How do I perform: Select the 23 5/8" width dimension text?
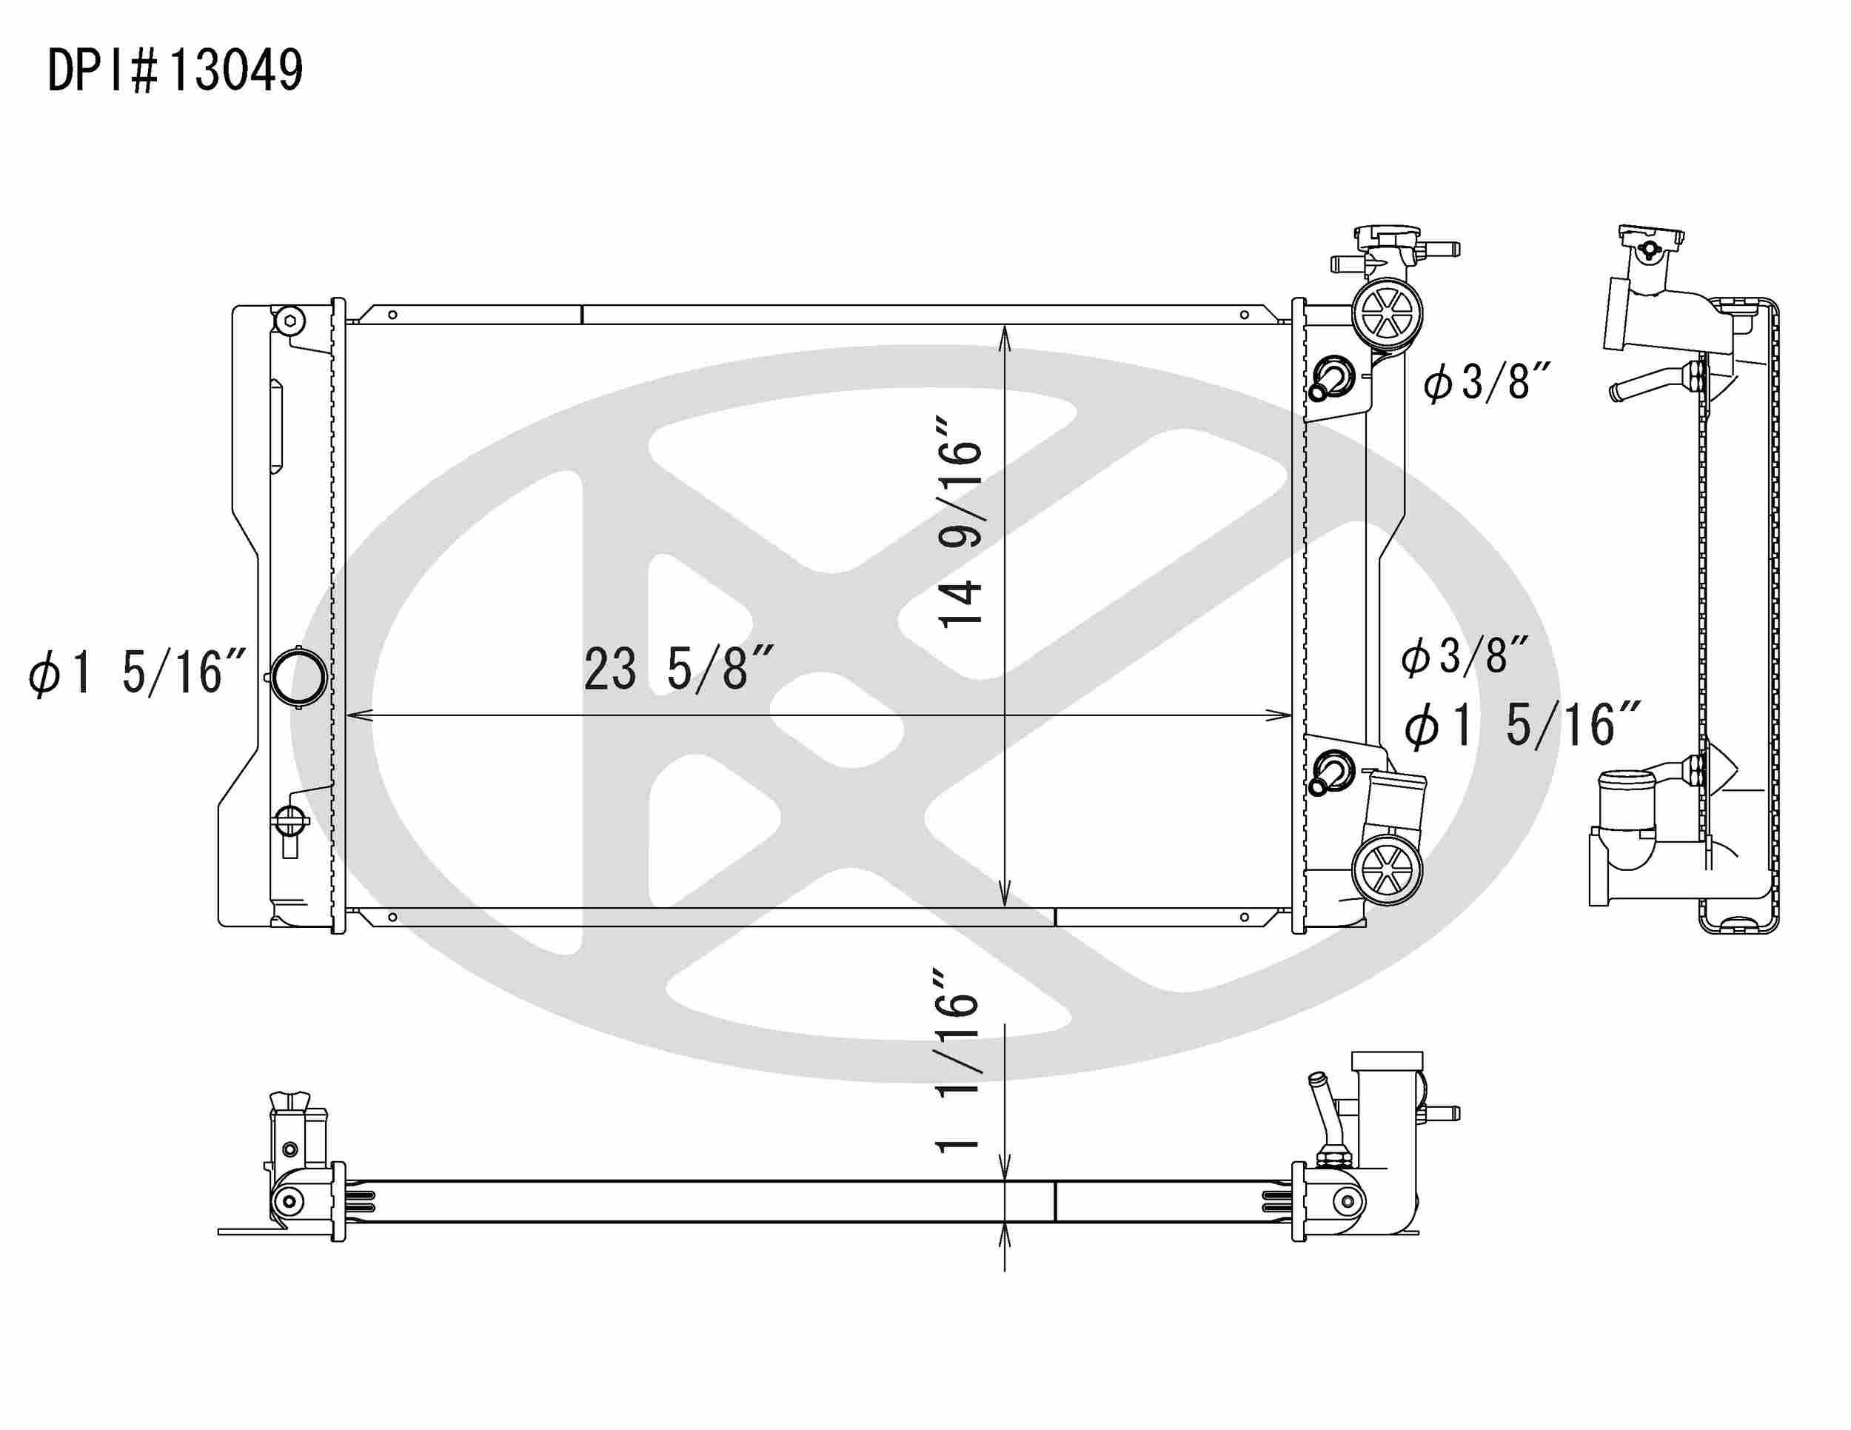[x=678, y=669]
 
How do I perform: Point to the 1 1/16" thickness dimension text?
[x=957, y=1060]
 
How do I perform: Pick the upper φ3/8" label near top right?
[x=1487, y=382]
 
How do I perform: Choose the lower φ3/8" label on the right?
[x=1465, y=656]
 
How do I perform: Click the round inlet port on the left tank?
[x=298, y=676]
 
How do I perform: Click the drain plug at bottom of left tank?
[x=289, y=822]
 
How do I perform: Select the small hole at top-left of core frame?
[x=392, y=315]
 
